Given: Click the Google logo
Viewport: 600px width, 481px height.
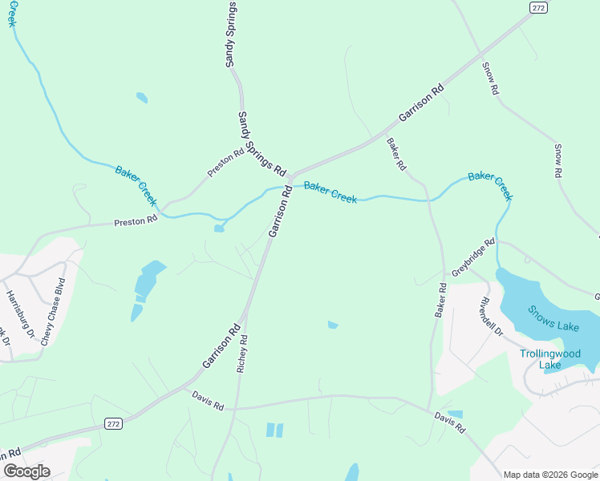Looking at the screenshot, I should [26, 471].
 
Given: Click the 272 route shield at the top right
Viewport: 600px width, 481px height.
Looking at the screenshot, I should [538, 6].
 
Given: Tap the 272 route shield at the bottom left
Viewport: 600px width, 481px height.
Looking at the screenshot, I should [115, 423].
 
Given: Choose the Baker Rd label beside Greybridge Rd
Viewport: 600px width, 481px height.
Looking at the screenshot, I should [440, 300].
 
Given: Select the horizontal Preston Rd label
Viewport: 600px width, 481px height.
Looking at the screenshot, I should [135, 221].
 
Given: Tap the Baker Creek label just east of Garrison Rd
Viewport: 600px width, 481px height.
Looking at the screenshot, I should [330, 192].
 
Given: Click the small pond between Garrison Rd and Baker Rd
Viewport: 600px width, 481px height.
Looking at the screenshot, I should [333, 325].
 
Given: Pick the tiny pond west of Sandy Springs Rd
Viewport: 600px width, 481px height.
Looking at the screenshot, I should [142, 98].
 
